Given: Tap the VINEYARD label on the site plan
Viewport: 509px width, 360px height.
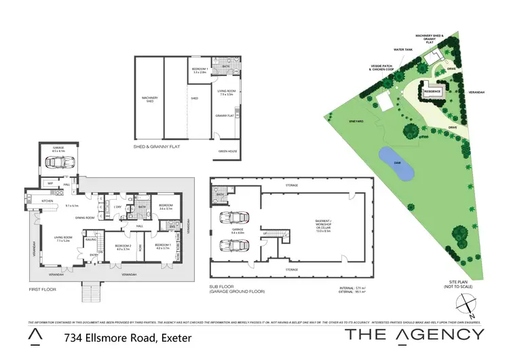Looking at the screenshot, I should pyautogui.click(x=358, y=120).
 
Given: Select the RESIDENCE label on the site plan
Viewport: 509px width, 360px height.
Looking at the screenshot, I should pyautogui.click(x=433, y=91).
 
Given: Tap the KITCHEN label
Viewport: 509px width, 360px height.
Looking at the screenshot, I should pyautogui.click(x=48, y=201).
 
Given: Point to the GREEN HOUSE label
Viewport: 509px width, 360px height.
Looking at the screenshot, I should pyautogui.click(x=227, y=151).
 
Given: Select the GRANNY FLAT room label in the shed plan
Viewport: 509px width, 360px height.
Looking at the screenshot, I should pyautogui.click(x=225, y=116).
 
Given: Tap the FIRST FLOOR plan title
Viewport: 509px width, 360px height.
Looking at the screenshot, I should pyautogui.click(x=42, y=289).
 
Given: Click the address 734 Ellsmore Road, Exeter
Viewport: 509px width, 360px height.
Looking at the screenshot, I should pyautogui.click(x=127, y=338).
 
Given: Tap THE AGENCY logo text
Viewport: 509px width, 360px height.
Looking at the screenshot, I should pyautogui.click(x=415, y=334).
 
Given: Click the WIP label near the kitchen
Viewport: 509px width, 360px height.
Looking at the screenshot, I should pyautogui.click(x=50, y=183).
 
